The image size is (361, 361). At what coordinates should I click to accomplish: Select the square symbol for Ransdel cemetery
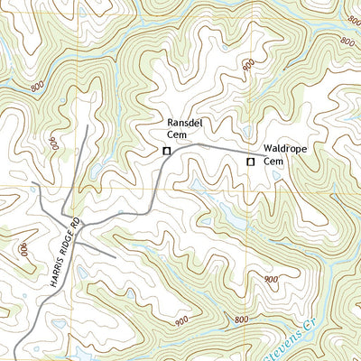click(166, 151)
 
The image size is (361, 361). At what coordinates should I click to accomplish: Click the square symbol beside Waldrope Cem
click(251, 162)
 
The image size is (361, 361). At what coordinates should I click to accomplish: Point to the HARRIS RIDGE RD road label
click(60, 256)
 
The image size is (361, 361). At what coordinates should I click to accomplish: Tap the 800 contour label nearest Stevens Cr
click(240, 320)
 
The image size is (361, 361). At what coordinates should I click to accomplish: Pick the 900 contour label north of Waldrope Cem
click(248, 65)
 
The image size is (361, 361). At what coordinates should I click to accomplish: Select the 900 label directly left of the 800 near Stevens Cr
click(181, 320)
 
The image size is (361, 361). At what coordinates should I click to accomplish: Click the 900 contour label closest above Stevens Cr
click(272, 280)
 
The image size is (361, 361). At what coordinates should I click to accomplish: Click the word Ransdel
click(178, 122)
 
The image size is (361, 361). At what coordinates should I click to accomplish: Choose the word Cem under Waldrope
click(274, 161)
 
